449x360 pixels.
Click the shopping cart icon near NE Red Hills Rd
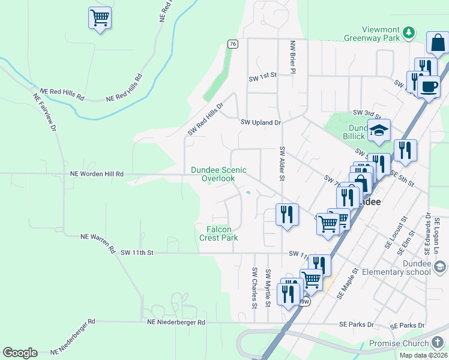pos(100,18)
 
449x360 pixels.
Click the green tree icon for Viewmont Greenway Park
pos(408,32)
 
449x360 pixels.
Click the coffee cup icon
pos(429,86)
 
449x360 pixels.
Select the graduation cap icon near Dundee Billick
pos(379,130)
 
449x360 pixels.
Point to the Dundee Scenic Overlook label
pos(218,174)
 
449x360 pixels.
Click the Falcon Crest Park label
pos(218,233)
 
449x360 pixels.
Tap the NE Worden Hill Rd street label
pos(97,174)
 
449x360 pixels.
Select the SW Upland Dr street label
pos(261,122)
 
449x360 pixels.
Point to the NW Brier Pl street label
pos(293,57)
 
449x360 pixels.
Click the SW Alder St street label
pos(281,163)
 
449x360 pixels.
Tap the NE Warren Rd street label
pos(98,242)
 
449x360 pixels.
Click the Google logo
pos(20,353)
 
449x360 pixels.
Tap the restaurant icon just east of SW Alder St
pos(287,215)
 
